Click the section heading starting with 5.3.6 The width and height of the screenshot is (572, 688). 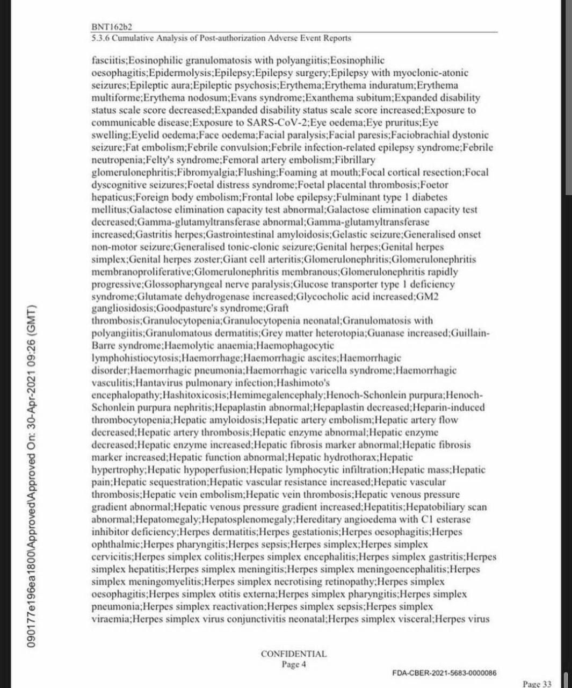[221, 38]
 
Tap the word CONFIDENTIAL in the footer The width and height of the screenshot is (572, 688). [293, 654]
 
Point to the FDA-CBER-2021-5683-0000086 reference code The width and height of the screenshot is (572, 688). [444, 672]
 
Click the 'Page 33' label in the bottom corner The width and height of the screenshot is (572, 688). [537, 684]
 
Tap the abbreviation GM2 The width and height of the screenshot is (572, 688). [447, 296]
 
